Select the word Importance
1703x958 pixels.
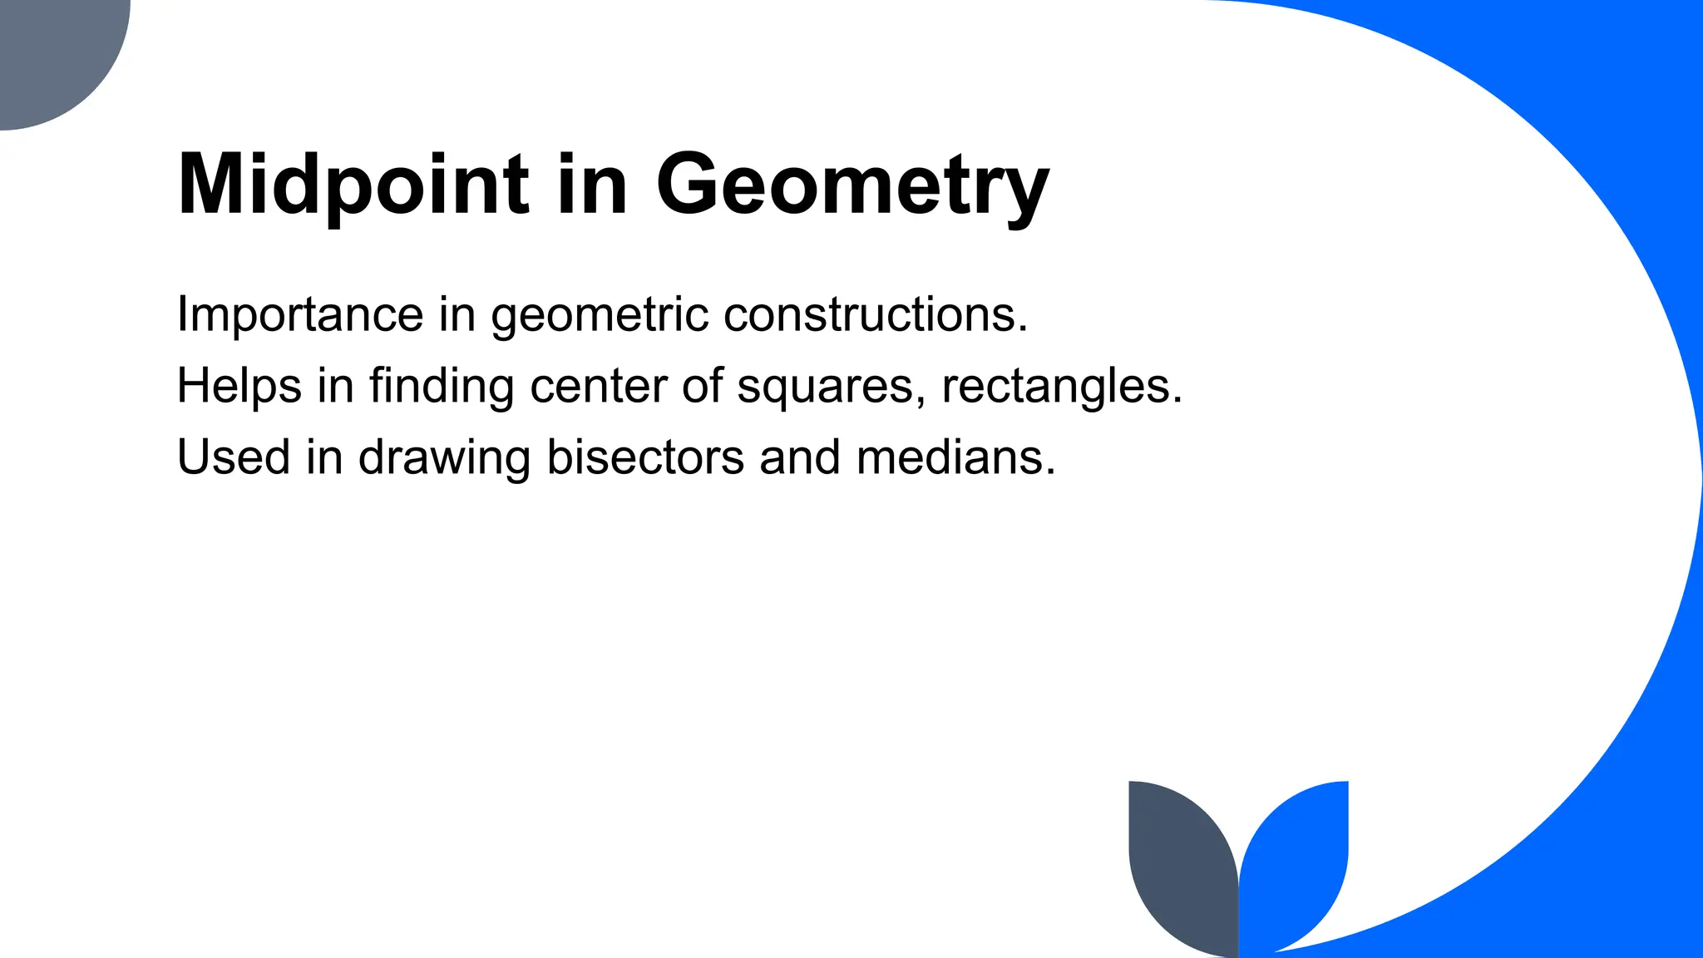[300, 314]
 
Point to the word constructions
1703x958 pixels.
[876, 314]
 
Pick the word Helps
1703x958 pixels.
[239, 386]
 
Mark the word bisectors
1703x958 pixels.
[645, 457]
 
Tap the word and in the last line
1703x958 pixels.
[800, 457]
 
